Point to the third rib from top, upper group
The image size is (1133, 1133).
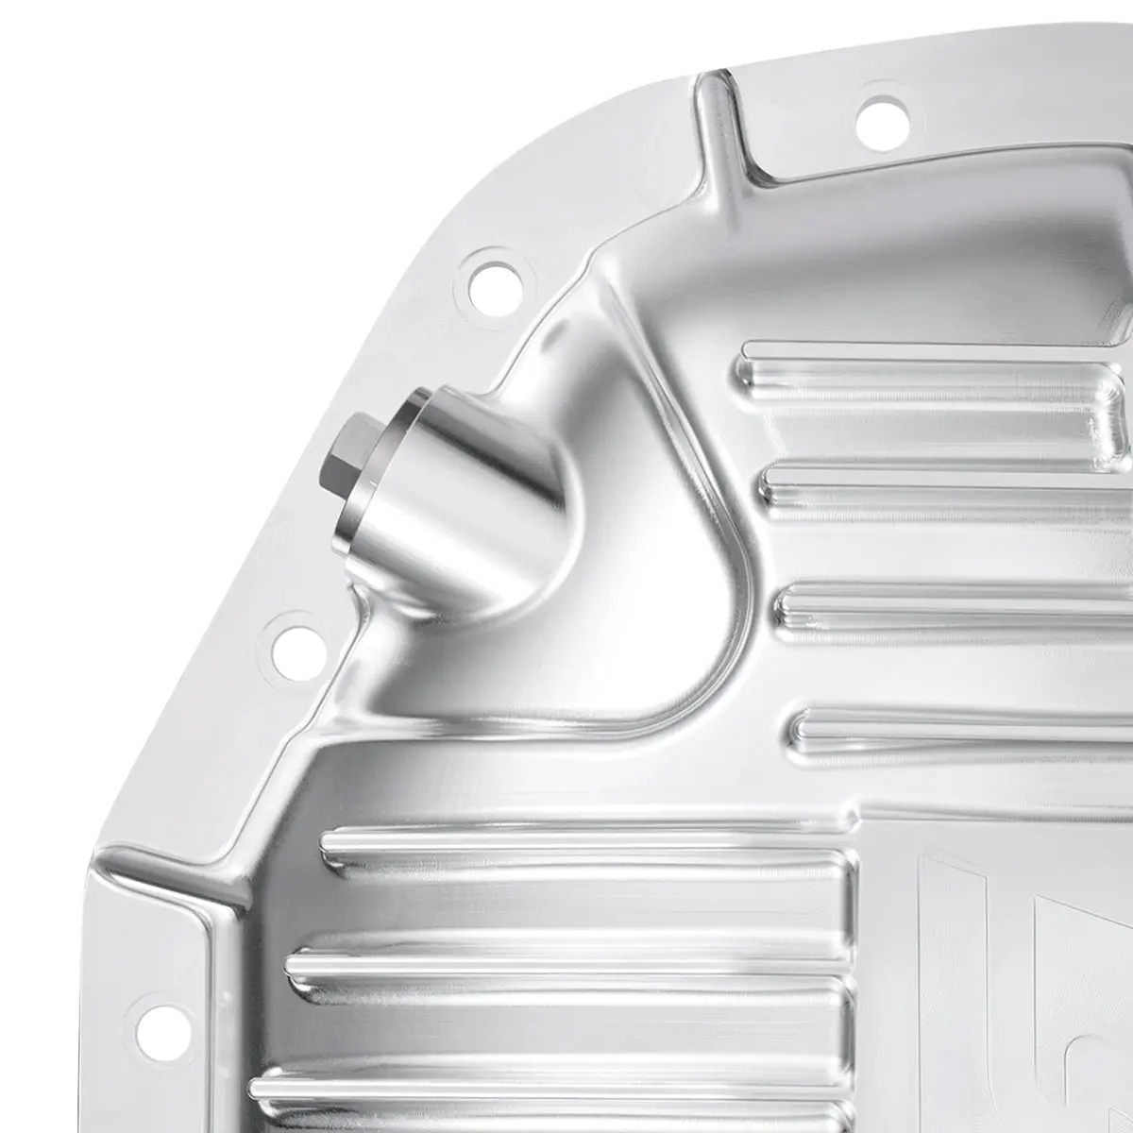pos(954,604)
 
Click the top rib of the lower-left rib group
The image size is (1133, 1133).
pos(585,850)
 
